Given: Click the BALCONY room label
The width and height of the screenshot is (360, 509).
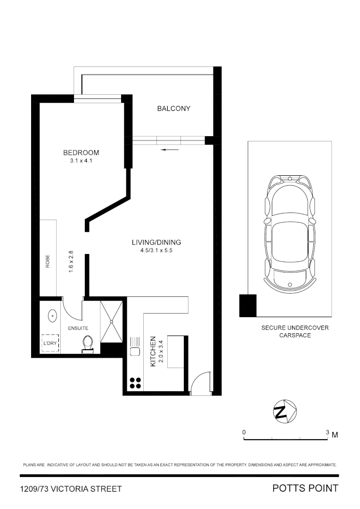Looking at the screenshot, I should tap(173, 108).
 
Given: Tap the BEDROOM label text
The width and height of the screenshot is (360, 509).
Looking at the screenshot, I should tap(81, 153).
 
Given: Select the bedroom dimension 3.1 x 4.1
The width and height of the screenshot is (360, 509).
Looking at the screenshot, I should tap(81, 161).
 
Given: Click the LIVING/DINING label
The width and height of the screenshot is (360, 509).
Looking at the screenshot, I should tap(156, 243).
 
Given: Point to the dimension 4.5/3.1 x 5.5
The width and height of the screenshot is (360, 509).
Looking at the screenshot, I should tap(156, 251).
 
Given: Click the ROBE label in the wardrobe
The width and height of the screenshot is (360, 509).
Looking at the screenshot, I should tap(48, 261).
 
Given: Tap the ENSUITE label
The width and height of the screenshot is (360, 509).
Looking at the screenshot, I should tap(78, 328).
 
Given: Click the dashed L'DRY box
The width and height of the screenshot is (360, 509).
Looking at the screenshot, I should tap(50, 344).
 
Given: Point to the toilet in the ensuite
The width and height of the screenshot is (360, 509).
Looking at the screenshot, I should tap(88, 343).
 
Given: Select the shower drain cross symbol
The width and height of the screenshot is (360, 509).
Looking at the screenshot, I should tap(112, 321).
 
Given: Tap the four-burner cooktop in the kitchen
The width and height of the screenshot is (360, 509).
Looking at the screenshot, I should tap(135, 384).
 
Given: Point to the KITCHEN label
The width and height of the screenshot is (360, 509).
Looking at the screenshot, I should tap(153, 352).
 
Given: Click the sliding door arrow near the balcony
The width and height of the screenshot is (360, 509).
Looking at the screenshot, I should tap(170, 150).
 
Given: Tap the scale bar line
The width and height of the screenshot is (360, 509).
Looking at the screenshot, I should tap(286, 439).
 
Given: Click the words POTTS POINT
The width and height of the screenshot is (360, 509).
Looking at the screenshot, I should tap(305, 488).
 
